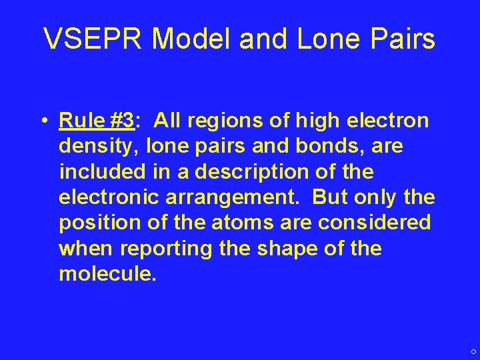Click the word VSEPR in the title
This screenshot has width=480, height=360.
click(93, 40)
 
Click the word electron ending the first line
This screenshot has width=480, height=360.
click(389, 121)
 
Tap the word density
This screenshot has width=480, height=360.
click(97, 147)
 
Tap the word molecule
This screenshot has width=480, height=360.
click(107, 274)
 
